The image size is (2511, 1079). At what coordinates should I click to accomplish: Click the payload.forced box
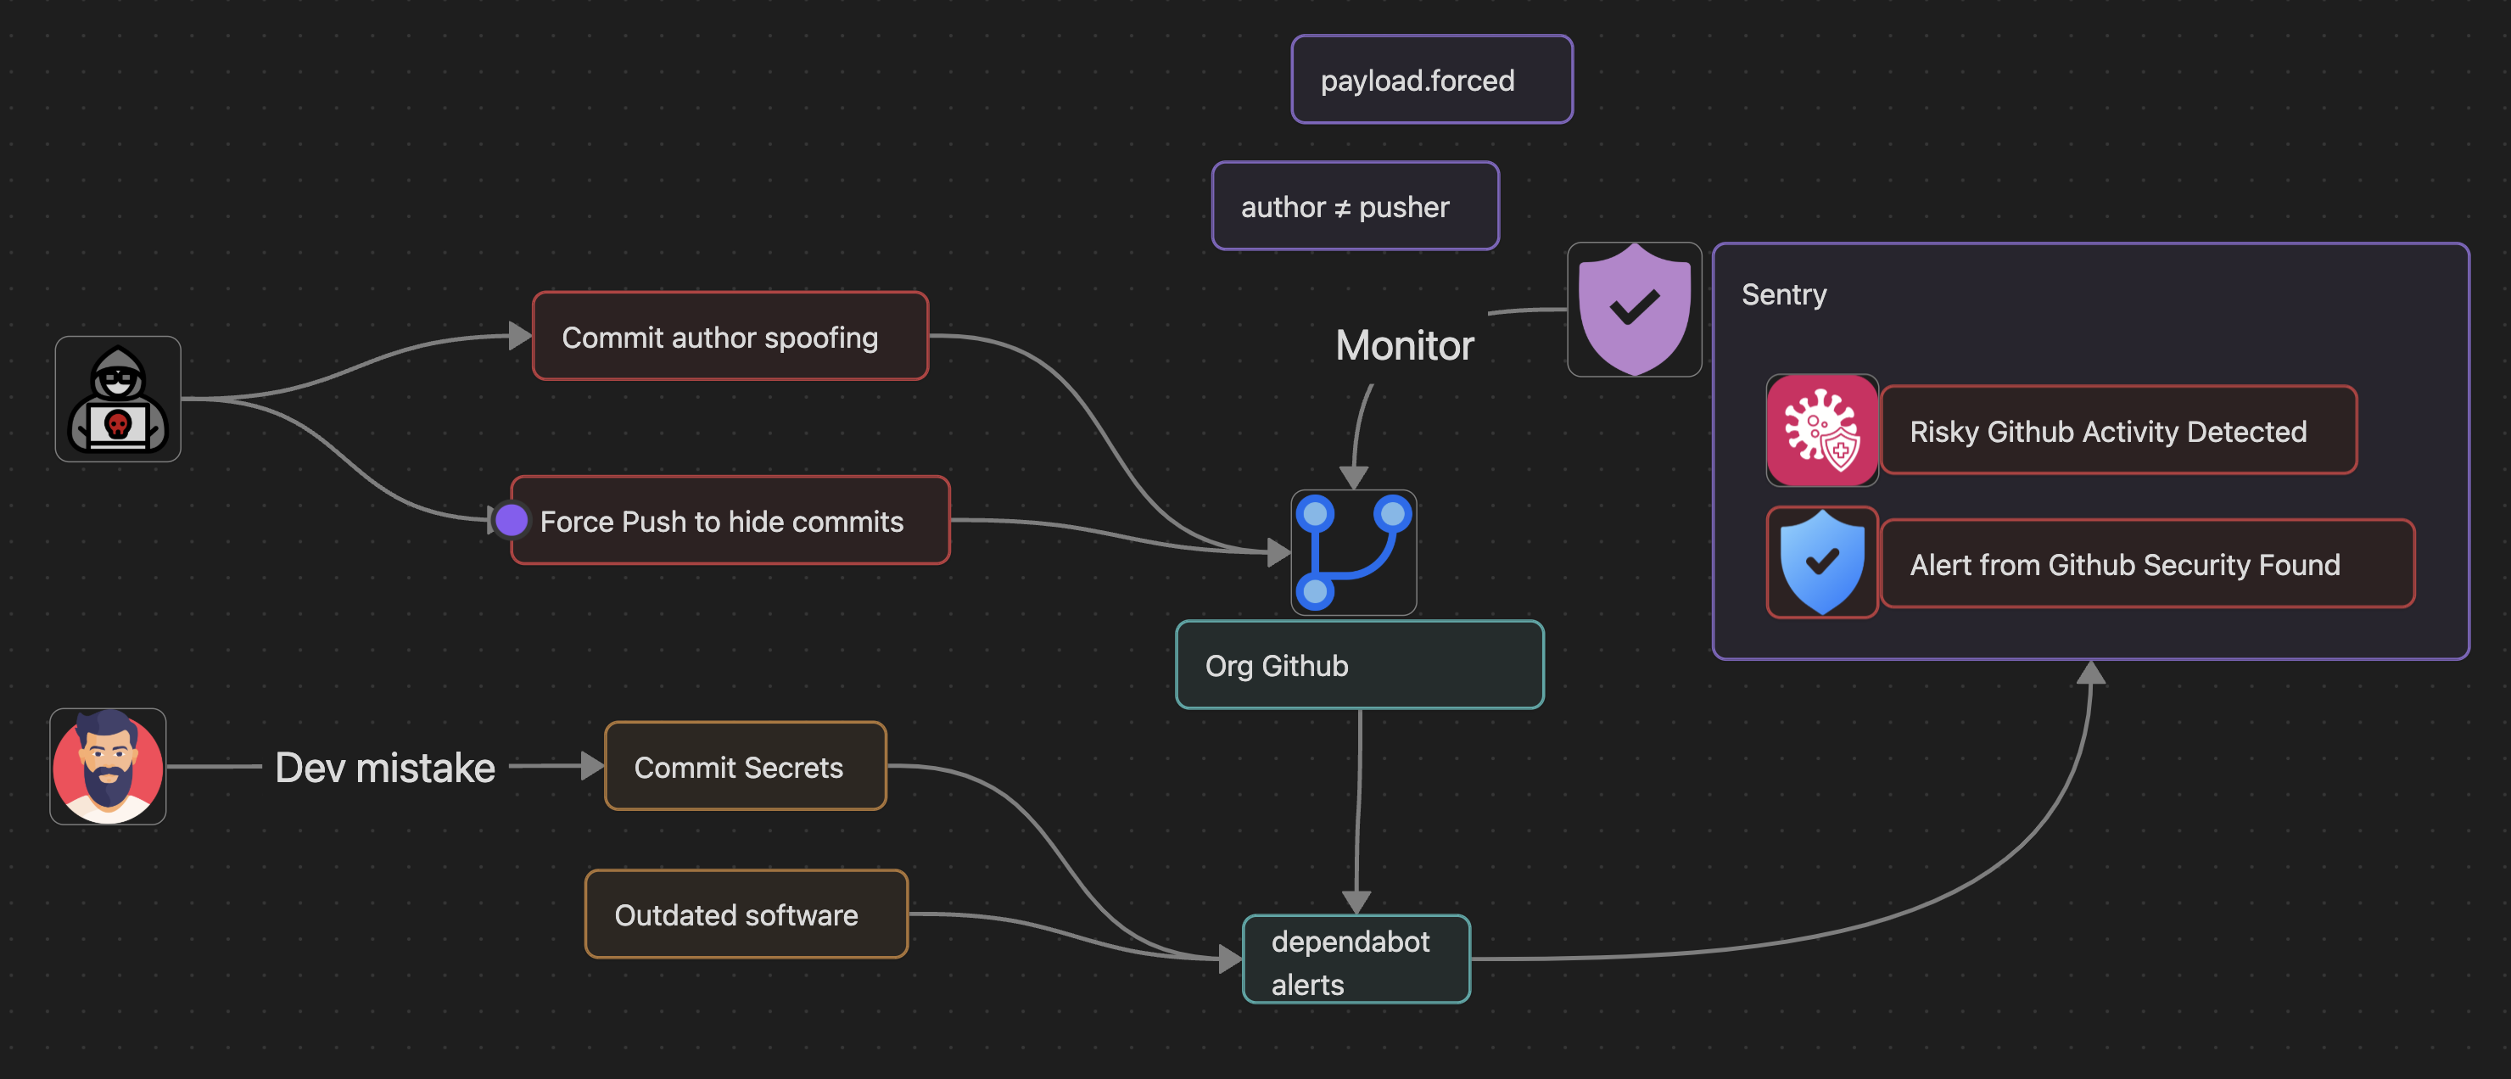pos(1431,80)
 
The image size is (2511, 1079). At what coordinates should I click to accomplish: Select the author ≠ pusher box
pos(1354,207)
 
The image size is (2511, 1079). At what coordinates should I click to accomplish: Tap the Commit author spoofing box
pos(730,336)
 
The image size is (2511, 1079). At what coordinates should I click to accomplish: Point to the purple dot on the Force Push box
pos(511,521)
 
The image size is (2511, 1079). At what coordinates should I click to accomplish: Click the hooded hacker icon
pos(118,400)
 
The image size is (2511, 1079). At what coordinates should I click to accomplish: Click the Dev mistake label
pos(385,767)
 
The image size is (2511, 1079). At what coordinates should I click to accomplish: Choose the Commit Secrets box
pos(745,766)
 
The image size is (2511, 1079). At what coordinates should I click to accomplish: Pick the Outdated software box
pos(746,914)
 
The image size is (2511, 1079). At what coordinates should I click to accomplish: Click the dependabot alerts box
pos(1355,960)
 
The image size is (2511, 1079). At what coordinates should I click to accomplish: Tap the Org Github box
pos(1359,665)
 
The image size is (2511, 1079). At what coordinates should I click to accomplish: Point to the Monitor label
pos(1404,345)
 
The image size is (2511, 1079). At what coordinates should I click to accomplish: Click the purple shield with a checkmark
pos(1634,310)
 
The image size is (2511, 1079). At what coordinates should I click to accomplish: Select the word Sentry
pos(1783,294)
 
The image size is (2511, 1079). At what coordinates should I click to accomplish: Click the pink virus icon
pos(1820,431)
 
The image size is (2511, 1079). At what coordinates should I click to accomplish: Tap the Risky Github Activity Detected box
pos(2117,431)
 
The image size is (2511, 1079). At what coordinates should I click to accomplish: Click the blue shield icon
pos(1820,562)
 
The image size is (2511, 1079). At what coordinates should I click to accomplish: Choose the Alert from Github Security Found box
pos(2145,564)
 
